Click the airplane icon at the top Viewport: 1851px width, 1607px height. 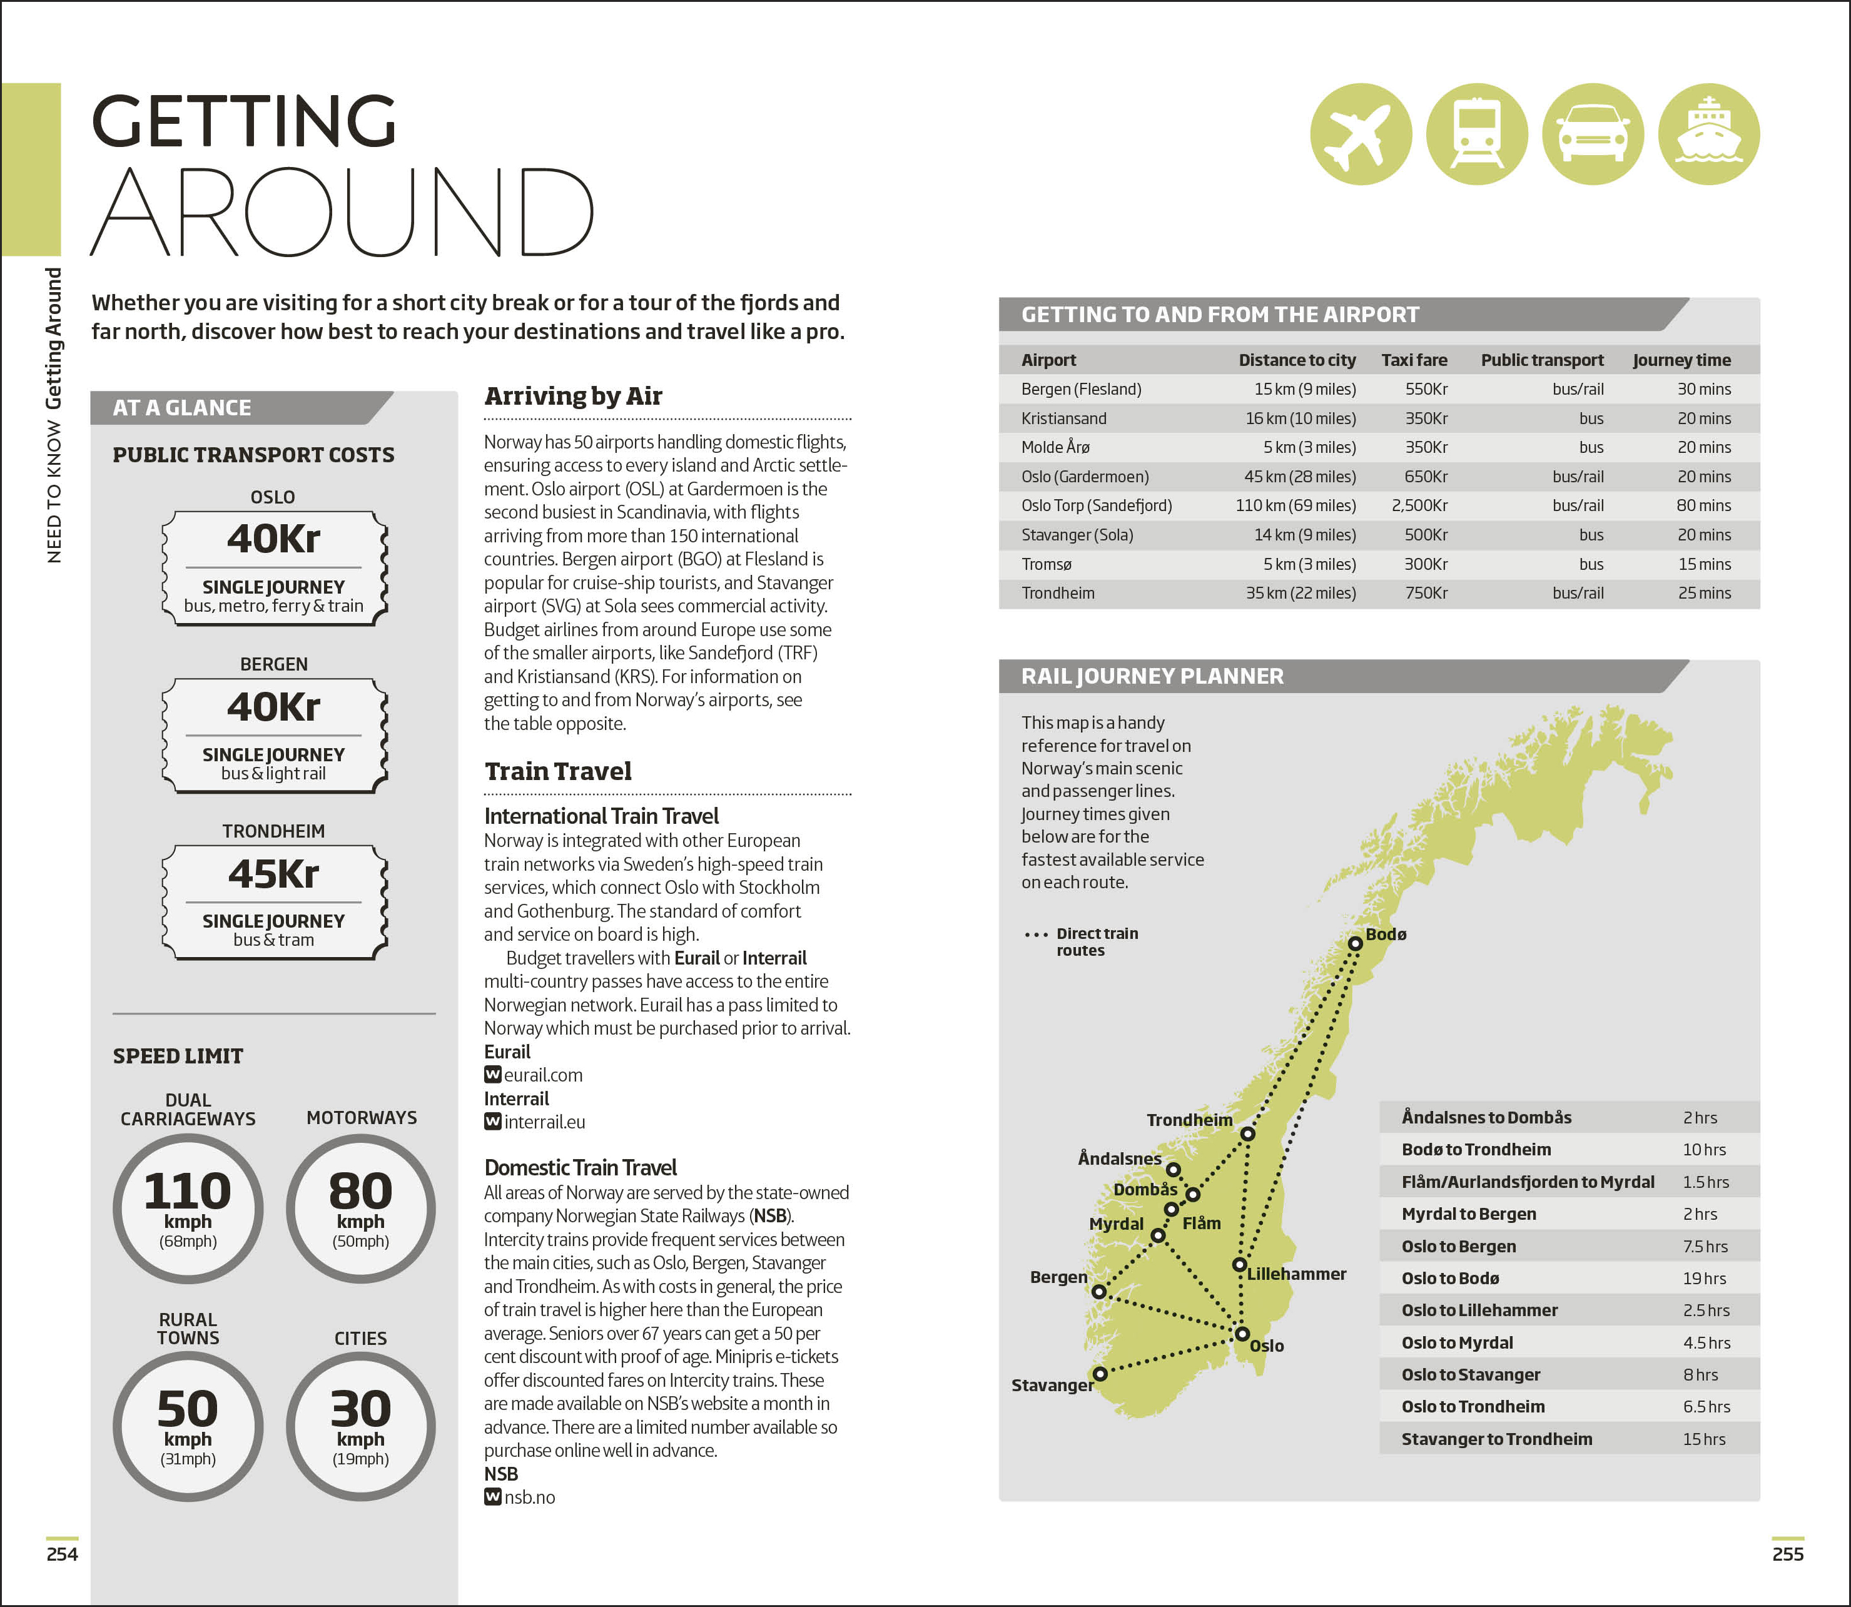point(1361,134)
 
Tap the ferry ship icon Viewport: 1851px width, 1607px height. point(1708,134)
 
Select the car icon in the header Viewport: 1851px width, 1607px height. point(1593,134)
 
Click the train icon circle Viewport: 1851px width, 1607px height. point(1476,134)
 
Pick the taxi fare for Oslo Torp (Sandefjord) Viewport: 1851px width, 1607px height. point(1419,506)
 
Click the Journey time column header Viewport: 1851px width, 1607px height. point(1681,360)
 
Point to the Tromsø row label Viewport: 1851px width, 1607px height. point(1047,564)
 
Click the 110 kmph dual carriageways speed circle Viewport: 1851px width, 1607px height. point(188,1208)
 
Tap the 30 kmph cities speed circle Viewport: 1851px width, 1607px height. point(360,1426)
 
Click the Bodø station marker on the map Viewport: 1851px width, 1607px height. point(1355,943)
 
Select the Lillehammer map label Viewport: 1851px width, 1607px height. point(1296,1274)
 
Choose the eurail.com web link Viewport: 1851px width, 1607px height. point(542,1075)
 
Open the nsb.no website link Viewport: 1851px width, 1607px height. point(529,1498)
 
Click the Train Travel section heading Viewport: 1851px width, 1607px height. point(558,771)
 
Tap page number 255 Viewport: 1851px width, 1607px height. point(1787,1554)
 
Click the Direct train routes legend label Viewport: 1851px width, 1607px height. point(1096,941)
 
